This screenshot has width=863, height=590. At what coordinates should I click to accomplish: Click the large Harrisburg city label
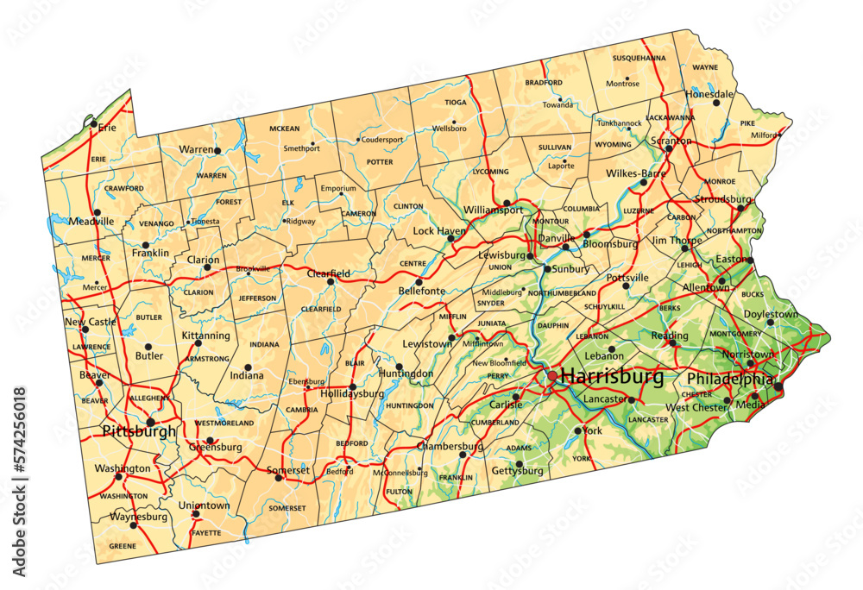(x=612, y=377)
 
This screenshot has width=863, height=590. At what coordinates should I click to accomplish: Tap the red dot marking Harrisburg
(x=552, y=376)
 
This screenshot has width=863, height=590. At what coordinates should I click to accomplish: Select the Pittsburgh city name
(x=138, y=430)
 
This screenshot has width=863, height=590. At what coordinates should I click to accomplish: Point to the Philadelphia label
(x=729, y=380)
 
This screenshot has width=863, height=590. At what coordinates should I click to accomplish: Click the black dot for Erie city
(x=93, y=123)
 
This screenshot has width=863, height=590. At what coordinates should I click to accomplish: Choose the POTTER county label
(x=380, y=161)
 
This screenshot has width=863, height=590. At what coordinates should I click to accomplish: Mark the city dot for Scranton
(x=669, y=149)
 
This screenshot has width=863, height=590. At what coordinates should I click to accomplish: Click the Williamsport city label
(x=493, y=210)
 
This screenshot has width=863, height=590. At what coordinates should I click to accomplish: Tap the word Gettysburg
(x=517, y=471)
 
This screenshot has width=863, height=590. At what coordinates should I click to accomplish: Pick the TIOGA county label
(x=455, y=102)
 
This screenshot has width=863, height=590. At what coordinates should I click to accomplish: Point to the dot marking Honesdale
(x=716, y=103)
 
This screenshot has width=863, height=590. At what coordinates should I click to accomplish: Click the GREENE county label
(x=123, y=546)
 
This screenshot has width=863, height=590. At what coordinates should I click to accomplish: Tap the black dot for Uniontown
(x=196, y=514)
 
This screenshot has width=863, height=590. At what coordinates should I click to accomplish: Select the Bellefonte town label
(x=421, y=292)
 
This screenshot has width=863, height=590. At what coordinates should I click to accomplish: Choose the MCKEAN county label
(x=285, y=129)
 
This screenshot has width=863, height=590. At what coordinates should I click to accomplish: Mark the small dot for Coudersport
(x=358, y=140)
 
